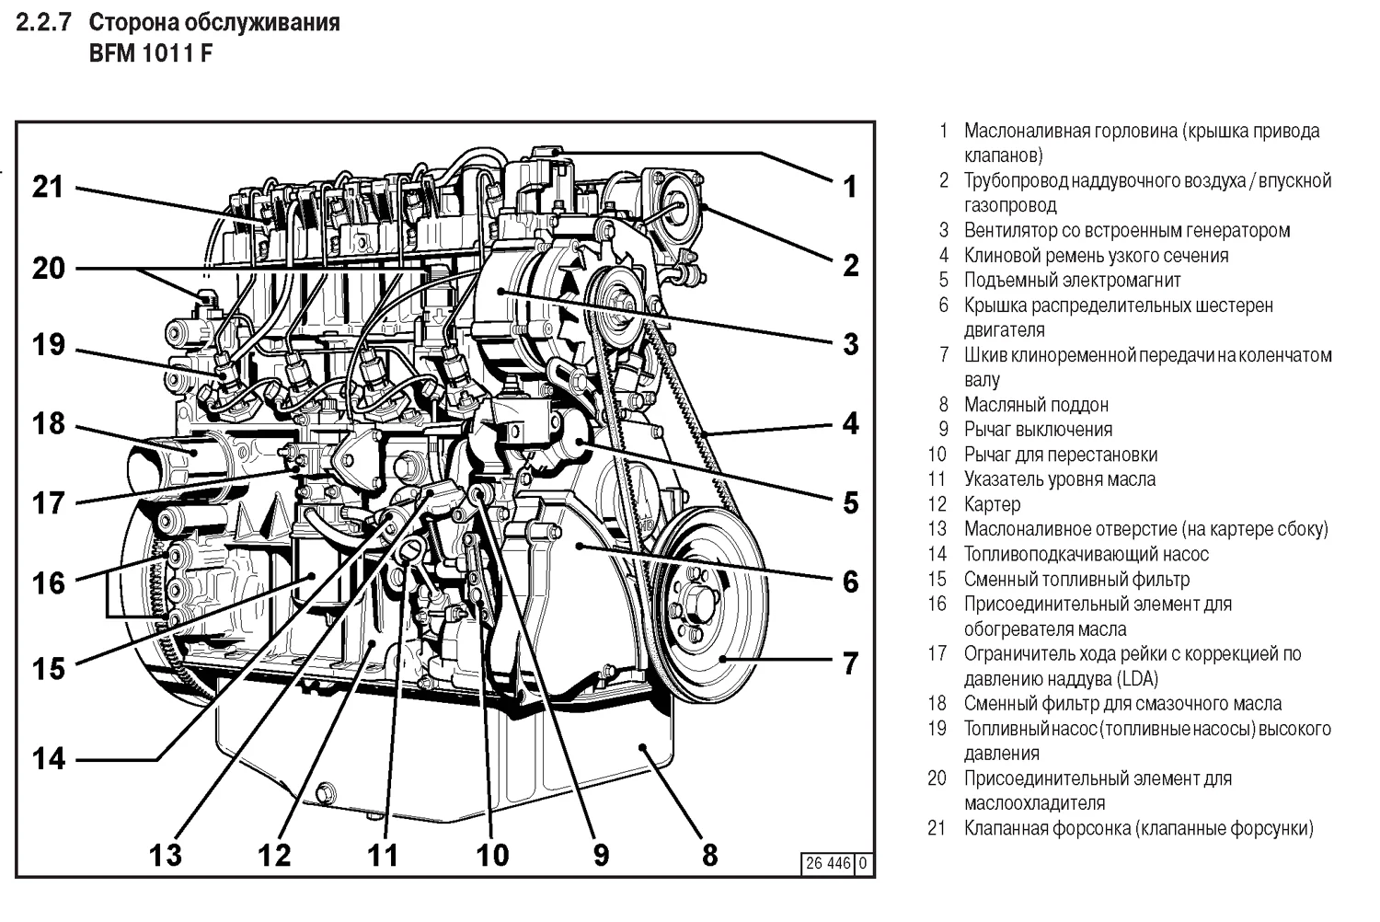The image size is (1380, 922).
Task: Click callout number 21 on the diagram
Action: [x=48, y=187]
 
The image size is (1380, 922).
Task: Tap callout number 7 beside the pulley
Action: [x=850, y=663]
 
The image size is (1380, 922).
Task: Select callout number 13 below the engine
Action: [x=167, y=855]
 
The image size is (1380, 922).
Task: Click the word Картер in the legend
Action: [x=992, y=504]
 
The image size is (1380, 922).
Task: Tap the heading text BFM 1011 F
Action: [x=150, y=52]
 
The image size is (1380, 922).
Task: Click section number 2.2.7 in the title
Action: [x=43, y=22]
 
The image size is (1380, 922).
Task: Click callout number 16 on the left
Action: [x=48, y=582]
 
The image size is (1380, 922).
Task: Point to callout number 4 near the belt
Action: [x=850, y=423]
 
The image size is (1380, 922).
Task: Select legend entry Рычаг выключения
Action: [x=1038, y=430]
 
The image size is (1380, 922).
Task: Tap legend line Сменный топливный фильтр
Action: [x=1076, y=580]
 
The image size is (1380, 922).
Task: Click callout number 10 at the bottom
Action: [x=492, y=855]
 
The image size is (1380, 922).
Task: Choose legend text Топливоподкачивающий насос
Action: [x=1086, y=554]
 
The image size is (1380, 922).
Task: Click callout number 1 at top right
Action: [x=850, y=187]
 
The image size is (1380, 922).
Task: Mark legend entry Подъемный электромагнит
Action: [x=1072, y=281]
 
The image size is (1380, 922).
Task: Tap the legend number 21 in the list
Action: [x=937, y=828]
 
